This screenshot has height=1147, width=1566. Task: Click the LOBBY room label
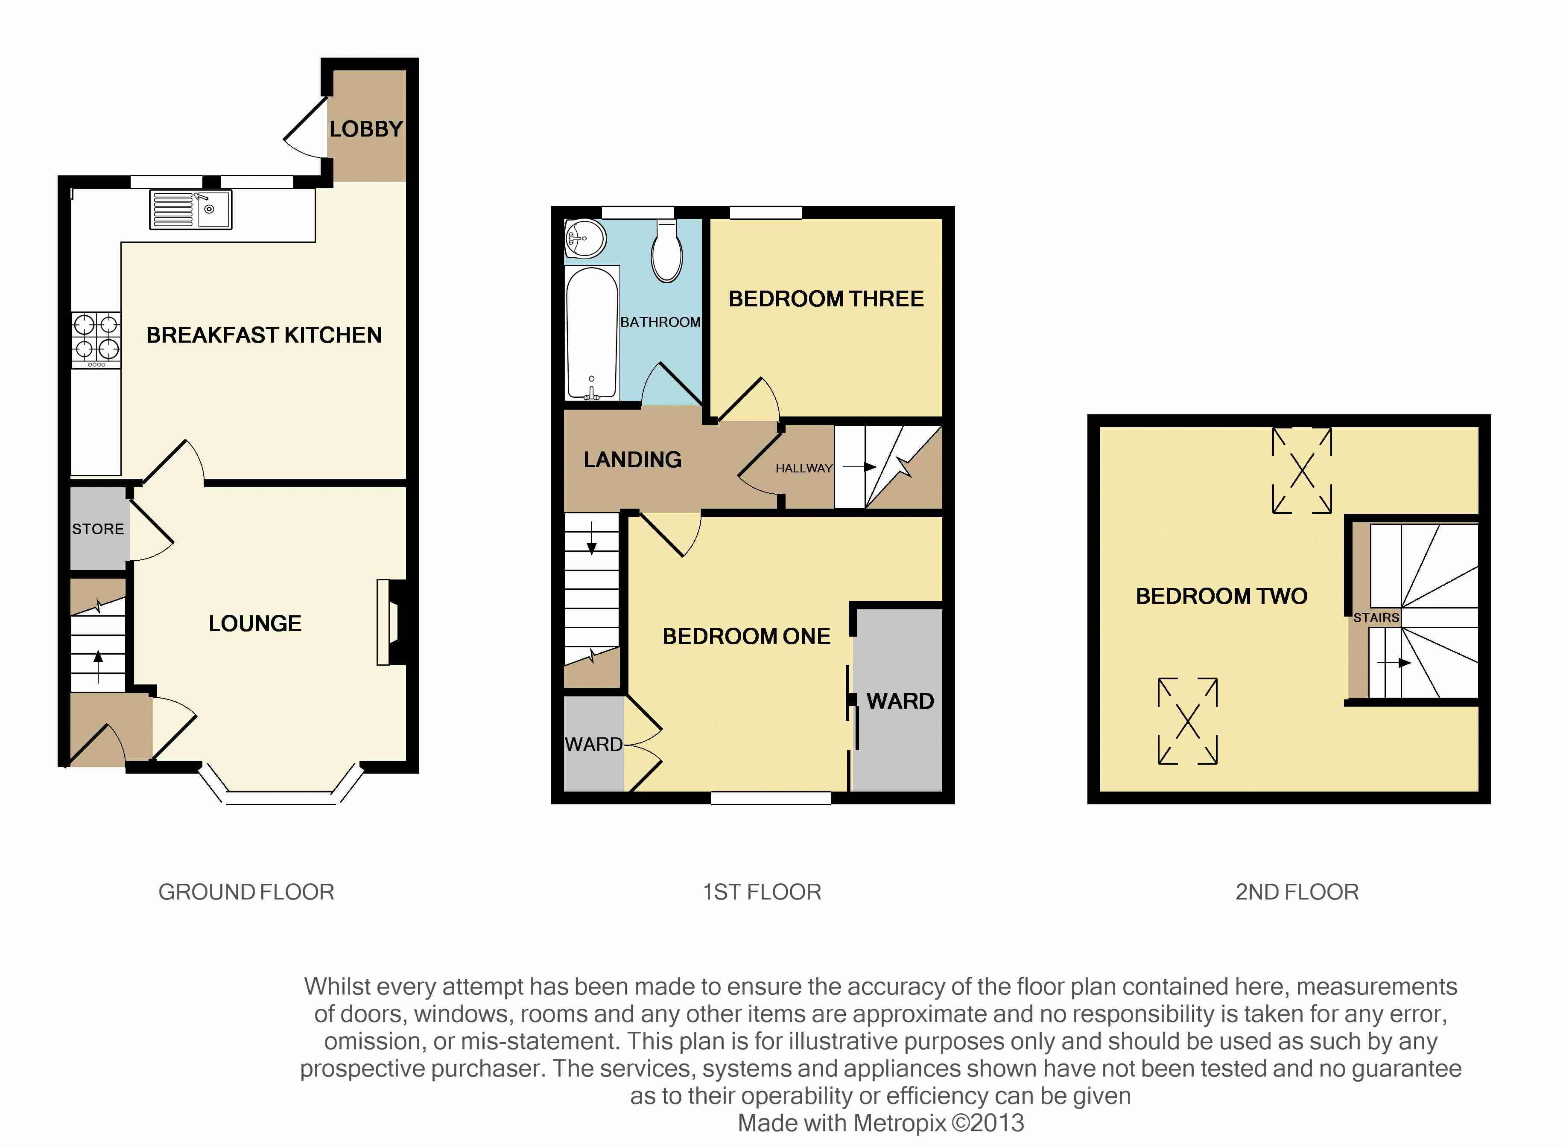(366, 129)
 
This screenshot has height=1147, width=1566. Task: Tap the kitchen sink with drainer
(190, 209)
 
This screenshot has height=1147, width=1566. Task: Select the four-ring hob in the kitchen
(96, 340)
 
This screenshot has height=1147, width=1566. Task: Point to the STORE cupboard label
(98, 529)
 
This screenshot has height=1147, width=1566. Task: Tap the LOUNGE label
(255, 623)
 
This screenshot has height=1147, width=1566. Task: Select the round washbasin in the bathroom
(585, 239)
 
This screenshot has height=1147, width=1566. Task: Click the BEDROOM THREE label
(826, 299)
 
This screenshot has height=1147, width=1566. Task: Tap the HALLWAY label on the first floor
(804, 469)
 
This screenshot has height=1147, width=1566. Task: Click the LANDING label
(632, 460)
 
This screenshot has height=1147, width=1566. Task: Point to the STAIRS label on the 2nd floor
(1376, 618)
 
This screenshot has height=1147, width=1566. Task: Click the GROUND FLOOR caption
(246, 892)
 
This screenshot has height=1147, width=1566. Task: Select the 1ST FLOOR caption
(762, 892)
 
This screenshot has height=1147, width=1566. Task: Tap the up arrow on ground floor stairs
(98, 667)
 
